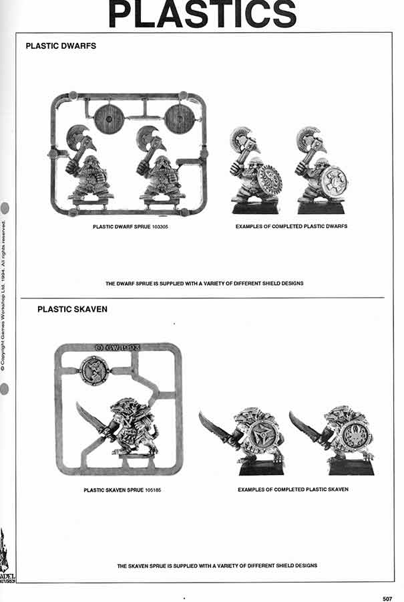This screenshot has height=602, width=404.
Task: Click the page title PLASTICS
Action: tap(202, 15)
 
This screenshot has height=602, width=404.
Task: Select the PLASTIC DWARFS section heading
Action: tap(61, 47)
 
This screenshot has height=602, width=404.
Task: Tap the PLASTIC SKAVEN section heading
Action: tap(72, 310)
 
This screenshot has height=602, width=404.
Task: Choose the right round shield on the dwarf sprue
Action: tap(180, 119)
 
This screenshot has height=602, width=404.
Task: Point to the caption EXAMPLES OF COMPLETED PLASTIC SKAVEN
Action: tap(293, 490)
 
